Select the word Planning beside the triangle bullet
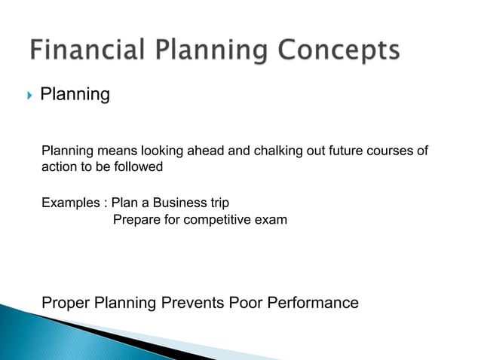(x=75, y=95)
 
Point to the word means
(x=111, y=151)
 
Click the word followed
(x=137, y=166)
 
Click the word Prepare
(x=135, y=220)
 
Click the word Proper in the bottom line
(x=66, y=304)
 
